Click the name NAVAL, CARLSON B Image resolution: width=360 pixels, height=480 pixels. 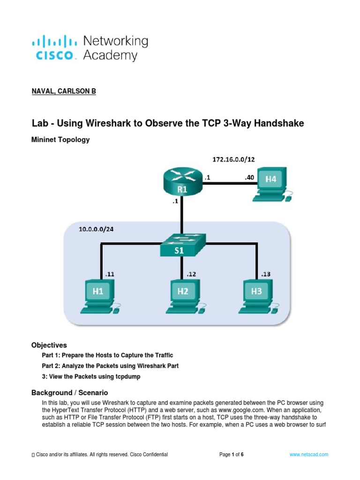pos(63,91)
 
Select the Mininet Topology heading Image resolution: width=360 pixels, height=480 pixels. pos(60,140)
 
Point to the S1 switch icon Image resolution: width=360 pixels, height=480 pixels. pos(180,245)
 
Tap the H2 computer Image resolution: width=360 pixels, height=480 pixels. pos(183,296)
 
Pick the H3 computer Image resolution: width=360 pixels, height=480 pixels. pos(257,296)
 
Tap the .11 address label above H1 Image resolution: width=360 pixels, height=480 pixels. pos(110,274)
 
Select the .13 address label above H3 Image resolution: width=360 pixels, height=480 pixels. pos(265,274)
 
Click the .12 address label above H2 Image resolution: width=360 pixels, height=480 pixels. pos(192,274)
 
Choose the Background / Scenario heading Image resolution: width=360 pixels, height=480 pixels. pos(69,392)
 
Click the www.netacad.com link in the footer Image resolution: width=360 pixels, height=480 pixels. pos(308,455)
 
